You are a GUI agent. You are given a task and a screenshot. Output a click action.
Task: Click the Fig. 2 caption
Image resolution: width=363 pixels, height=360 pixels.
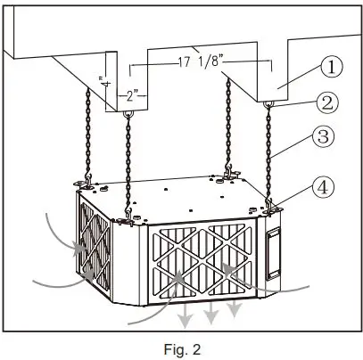[x=182, y=347]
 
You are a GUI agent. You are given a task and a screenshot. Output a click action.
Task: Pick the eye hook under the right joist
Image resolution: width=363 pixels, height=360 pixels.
[x=267, y=109]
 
